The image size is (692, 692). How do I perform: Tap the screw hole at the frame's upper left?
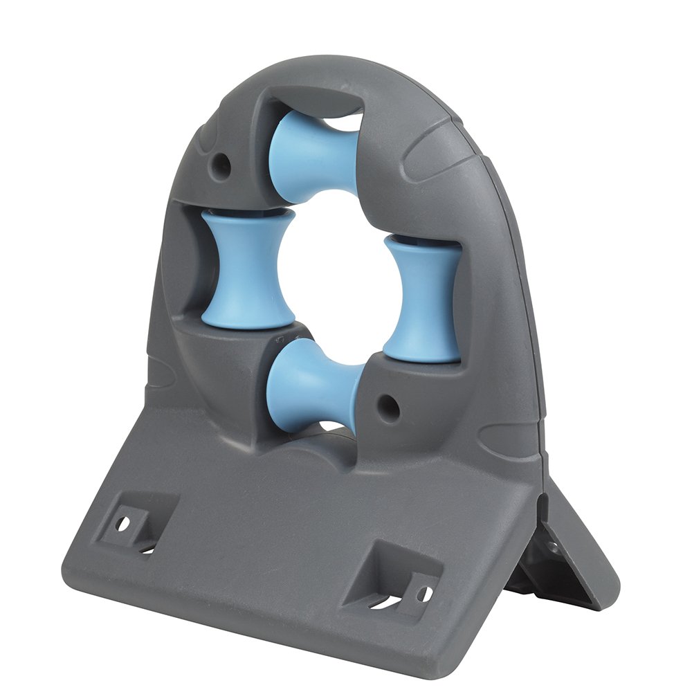pos(221,163)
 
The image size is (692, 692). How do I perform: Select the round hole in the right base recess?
pos(423,594)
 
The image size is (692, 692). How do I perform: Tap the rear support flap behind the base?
pos(567,554)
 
